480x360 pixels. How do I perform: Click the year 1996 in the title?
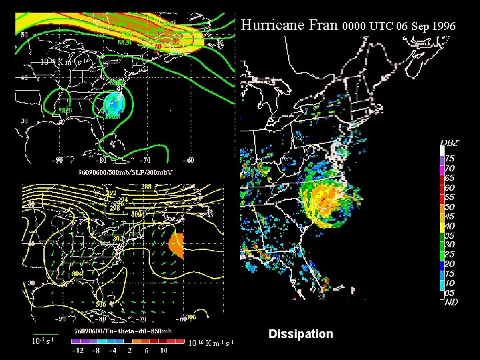[443, 27]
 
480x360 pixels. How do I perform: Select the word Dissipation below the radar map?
[301, 333]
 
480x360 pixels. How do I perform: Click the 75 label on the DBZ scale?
[450, 159]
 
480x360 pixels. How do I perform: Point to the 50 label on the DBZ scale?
[450, 207]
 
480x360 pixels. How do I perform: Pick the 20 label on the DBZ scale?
[450, 264]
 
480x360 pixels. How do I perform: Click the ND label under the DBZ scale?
[451, 302]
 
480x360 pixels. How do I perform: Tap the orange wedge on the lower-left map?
[177, 245]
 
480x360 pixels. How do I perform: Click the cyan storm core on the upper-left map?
[114, 103]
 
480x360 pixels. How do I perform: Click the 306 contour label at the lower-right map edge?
[191, 317]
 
